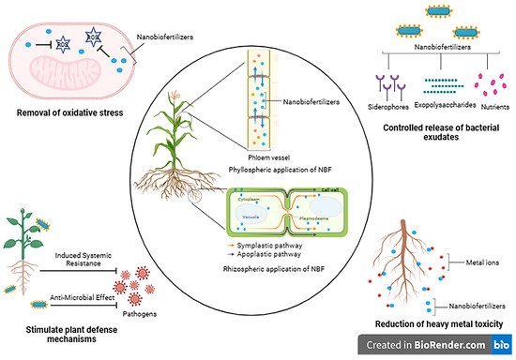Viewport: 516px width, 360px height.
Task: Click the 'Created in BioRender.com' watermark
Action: (x=433, y=348)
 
